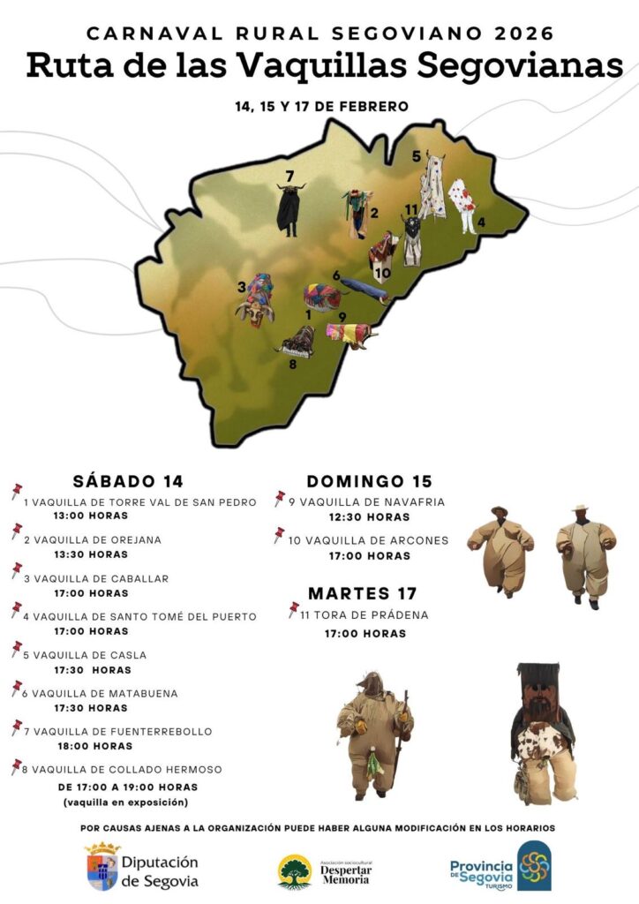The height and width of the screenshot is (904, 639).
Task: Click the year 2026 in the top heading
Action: (521, 34)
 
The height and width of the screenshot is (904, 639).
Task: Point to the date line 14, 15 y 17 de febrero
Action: (321, 107)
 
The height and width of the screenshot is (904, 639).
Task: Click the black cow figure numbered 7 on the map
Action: (289, 210)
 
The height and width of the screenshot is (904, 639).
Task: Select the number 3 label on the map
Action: (241, 286)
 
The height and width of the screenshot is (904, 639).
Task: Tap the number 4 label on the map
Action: (481, 222)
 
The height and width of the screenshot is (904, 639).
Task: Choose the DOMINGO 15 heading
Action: (369, 481)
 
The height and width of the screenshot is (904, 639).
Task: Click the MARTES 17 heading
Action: (362, 593)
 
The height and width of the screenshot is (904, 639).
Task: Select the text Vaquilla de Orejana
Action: (93, 539)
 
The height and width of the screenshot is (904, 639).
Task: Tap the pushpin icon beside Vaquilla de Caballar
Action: (16, 570)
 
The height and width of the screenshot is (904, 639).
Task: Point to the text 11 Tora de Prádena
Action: (358, 614)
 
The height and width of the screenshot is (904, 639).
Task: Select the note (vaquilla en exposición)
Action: (125, 802)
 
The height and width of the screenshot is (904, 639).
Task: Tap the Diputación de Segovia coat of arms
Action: (102, 865)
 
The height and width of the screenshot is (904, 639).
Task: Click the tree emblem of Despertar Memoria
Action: (295, 870)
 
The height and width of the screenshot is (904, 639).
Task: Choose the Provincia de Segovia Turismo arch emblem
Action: (533, 865)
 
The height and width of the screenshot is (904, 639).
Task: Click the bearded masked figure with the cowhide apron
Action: (540, 733)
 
